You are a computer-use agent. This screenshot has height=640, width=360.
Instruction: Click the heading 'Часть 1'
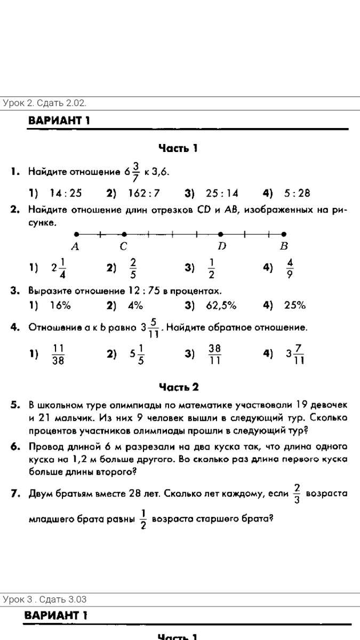click(x=178, y=148)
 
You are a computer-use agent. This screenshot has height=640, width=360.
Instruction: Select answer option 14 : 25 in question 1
click(x=66, y=193)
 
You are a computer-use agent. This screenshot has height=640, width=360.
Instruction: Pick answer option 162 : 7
click(x=144, y=193)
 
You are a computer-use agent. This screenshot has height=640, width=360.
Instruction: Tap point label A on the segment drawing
click(x=75, y=246)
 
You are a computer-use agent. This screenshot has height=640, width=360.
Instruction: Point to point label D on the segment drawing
click(x=221, y=246)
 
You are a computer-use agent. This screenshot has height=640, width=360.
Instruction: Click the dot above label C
click(x=124, y=234)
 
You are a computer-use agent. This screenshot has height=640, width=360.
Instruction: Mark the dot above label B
click(x=284, y=234)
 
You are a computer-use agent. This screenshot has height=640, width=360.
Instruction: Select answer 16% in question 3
click(x=60, y=306)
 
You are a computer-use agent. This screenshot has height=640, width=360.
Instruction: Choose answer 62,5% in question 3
click(x=221, y=306)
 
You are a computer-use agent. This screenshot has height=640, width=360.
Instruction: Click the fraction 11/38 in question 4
click(x=58, y=354)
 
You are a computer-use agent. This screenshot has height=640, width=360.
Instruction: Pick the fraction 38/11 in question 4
click(x=214, y=354)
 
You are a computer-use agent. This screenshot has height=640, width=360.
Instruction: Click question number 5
click(x=15, y=405)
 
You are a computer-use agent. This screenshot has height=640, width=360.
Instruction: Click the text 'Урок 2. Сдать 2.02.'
click(x=45, y=103)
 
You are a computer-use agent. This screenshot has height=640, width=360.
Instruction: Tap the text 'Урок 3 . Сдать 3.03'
click(x=45, y=600)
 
